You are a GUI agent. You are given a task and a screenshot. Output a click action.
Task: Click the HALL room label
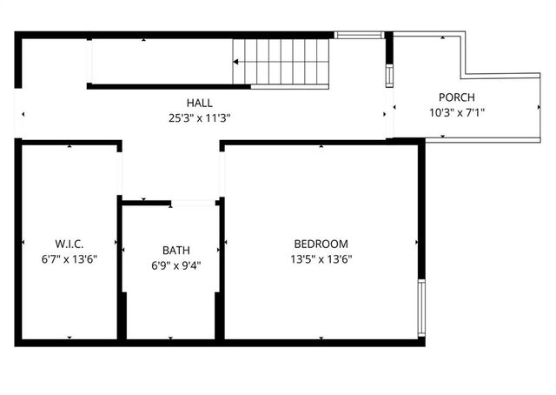(x=199, y=103)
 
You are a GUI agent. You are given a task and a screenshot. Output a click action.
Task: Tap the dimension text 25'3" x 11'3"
(x=199, y=117)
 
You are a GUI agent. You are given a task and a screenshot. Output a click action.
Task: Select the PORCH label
(x=456, y=97)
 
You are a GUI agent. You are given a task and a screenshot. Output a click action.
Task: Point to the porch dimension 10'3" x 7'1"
(x=456, y=111)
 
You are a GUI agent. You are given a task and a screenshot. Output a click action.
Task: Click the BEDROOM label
(x=321, y=244)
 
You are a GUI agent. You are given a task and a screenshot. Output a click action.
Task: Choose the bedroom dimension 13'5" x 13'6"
(x=321, y=258)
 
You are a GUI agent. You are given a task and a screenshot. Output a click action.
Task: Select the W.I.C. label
(x=69, y=244)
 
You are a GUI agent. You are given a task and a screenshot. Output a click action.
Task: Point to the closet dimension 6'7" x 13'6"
(x=69, y=258)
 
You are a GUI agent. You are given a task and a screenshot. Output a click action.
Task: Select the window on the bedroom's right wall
(x=422, y=309)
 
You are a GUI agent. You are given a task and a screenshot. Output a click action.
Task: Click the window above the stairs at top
(x=359, y=35)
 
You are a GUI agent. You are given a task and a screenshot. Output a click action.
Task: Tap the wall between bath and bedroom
(x=222, y=270)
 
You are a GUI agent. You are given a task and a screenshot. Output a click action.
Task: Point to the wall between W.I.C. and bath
(x=120, y=270)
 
